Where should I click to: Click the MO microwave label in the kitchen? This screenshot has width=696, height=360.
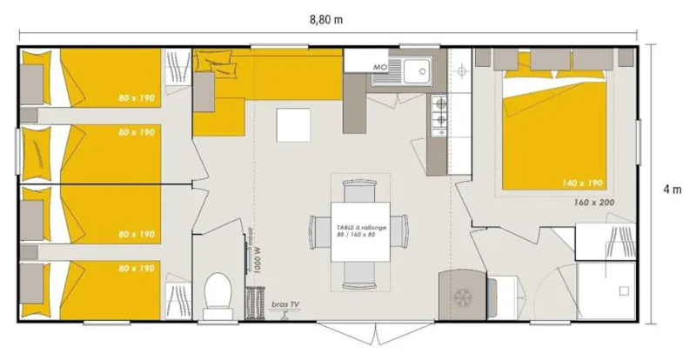(x=379, y=66)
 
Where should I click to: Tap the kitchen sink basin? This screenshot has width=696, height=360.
(x=417, y=68)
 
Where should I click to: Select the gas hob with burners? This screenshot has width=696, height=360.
(x=439, y=110)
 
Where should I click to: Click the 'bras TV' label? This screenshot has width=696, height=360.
(x=284, y=303)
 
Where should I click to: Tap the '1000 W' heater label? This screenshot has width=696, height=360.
(x=258, y=259)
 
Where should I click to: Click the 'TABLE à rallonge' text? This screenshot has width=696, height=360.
(x=360, y=225)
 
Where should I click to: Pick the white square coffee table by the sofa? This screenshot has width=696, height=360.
(x=292, y=124)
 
